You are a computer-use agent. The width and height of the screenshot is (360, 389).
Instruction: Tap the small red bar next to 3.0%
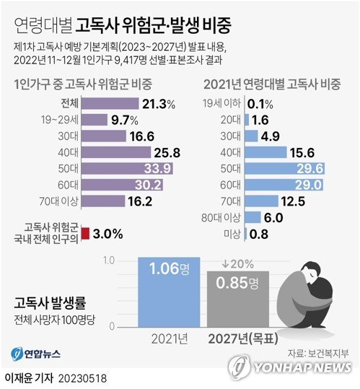pyautogui.click(x=85, y=233)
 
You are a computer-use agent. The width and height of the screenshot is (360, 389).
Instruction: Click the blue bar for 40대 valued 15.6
pyautogui.click(x=264, y=152)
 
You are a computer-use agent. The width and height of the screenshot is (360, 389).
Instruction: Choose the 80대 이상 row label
pyautogui.click(x=221, y=217)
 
